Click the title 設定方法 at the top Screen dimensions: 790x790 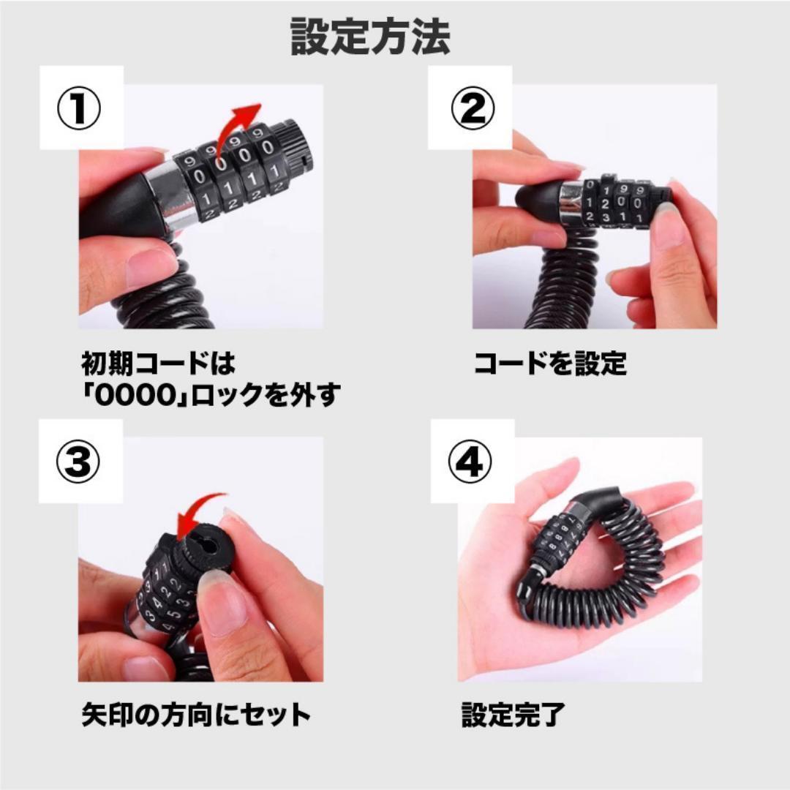coord(370,37)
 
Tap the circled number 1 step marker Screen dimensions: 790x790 coord(78,108)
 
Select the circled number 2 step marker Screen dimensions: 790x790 coord(472,108)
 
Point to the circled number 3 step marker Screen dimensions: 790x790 coord(78,462)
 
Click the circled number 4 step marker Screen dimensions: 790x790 coord(470,462)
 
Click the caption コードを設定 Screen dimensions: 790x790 coord(550,364)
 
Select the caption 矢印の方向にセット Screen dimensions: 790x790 coord(196,715)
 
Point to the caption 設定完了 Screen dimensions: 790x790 coord(513,715)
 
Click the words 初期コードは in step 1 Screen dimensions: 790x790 coord(158,364)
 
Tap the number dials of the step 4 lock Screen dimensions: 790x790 coord(557,537)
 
